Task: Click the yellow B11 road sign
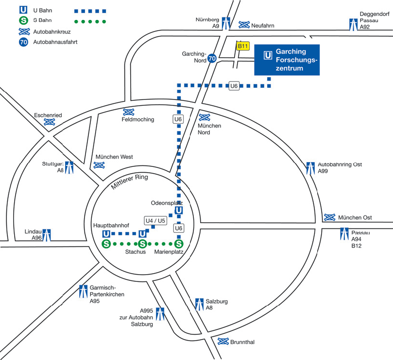[243, 46]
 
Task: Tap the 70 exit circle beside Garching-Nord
[212, 59]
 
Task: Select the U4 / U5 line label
[155, 221]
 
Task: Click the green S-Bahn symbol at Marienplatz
[179, 244]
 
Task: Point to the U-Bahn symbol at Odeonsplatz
[179, 210]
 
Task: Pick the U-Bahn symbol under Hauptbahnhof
[106, 234]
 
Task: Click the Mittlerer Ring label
[129, 181]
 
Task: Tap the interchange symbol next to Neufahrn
[244, 25]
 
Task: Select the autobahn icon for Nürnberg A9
[226, 23]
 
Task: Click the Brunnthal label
[242, 342]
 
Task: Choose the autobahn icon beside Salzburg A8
[199, 304]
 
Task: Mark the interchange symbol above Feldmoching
[129, 112]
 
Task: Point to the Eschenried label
[48, 115]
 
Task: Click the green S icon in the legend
[23, 20]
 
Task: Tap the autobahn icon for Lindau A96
[47, 235]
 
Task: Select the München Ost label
[355, 217]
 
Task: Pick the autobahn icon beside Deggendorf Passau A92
[353, 25]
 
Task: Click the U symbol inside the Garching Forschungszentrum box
[268, 55]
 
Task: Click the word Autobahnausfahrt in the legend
[55, 42]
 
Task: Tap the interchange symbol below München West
[99, 165]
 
